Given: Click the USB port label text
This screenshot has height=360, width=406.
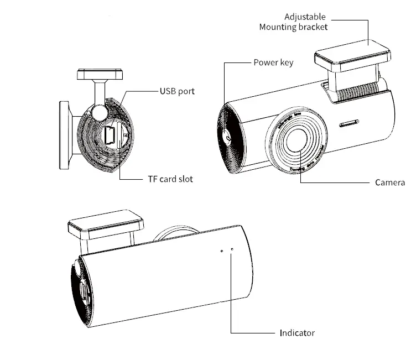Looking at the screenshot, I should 177,91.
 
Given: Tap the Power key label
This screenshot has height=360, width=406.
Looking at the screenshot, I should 273,62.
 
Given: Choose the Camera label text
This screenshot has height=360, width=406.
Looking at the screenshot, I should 390,182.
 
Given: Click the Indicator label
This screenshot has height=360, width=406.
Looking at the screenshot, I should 296,333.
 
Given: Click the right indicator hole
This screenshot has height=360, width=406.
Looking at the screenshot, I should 232,250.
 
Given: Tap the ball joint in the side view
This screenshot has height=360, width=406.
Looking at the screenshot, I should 99,113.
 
